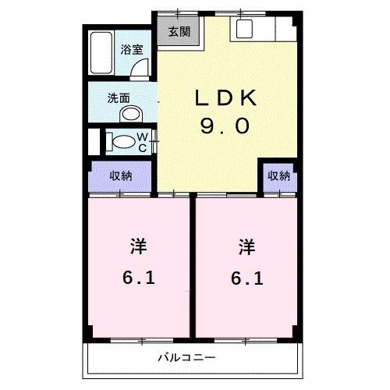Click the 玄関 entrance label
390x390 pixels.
(179, 33)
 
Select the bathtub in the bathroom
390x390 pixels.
(101, 55)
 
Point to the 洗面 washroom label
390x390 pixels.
(119, 98)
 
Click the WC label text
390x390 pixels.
(144, 142)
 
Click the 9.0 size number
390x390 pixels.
(225, 126)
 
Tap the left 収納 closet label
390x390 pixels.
(120, 175)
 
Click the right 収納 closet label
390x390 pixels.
(278, 176)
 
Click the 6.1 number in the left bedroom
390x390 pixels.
(137, 278)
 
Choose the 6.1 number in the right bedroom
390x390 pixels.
(246, 278)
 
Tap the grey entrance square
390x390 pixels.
(179, 33)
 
